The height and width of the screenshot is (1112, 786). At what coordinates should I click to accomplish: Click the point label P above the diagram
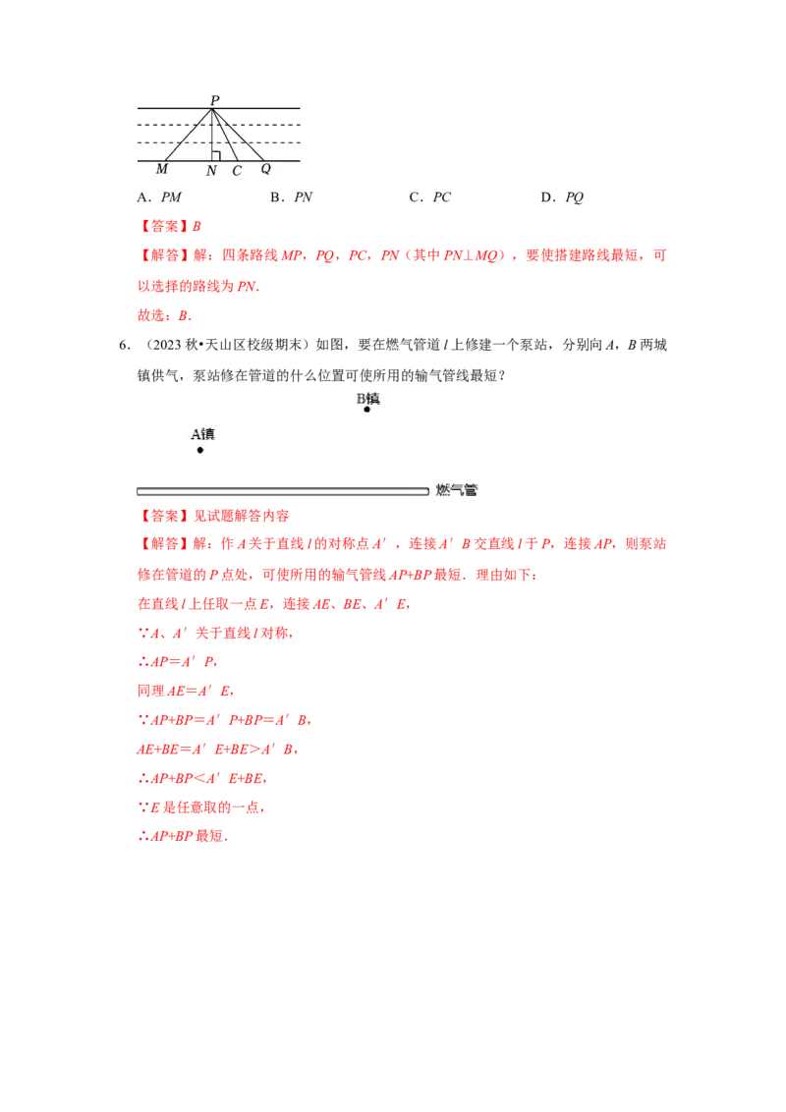(x=215, y=100)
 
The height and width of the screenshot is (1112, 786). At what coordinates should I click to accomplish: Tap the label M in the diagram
(x=162, y=169)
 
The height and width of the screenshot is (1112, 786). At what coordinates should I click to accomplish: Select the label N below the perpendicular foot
(x=211, y=171)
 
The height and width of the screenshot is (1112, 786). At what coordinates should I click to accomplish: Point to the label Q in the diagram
(x=265, y=169)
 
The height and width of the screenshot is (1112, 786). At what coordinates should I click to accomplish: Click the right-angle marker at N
(x=215, y=156)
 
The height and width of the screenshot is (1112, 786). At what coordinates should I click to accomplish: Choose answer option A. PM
(x=159, y=197)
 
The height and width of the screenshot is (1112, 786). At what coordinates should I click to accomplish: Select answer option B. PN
(x=292, y=197)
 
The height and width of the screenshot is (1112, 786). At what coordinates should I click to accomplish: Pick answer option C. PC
(x=430, y=197)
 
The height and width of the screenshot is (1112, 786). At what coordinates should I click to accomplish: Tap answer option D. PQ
(x=562, y=197)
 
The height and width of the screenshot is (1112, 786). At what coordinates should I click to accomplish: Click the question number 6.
(x=124, y=346)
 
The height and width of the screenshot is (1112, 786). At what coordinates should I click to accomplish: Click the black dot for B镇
(x=366, y=410)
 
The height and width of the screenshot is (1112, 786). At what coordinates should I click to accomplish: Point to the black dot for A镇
(x=200, y=450)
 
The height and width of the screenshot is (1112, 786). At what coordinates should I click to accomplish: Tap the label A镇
(x=202, y=434)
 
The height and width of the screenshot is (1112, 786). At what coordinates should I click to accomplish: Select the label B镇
(x=367, y=399)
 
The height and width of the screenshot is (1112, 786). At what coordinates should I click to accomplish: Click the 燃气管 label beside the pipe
(x=456, y=490)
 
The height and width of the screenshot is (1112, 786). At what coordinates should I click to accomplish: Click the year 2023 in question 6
(x=167, y=346)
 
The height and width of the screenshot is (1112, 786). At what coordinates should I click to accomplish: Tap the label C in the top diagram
(x=237, y=171)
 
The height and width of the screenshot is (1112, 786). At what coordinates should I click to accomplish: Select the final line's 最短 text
(x=209, y=836)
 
